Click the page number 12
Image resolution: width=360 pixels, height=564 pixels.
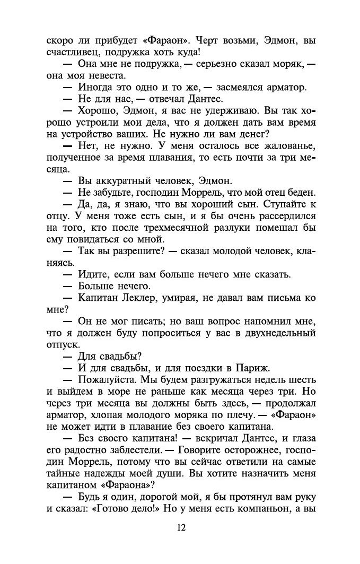[181, 527]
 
